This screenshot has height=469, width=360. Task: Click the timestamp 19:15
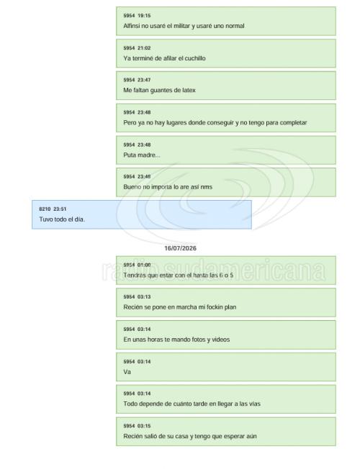[x=144, y=16]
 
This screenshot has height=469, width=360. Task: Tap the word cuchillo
[x=195, y=58]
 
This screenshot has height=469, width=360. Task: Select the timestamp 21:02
[x=144, y=48]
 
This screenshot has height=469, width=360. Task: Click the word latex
[x=189, y=90]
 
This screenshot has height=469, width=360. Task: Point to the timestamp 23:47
[x=144, y=80]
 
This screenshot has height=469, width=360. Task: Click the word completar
[x=293, y=122]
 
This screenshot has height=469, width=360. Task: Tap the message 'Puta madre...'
[x=142, y=155]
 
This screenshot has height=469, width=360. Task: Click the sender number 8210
[x=45, y=209]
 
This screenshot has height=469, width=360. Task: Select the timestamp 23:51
[x=60, y=209]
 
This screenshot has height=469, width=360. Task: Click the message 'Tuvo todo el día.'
[x=62, y=219]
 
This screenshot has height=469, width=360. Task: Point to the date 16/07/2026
[x=180, y=248]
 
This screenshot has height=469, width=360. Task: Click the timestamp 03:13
[x=144, y=296]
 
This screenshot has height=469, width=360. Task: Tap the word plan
[x=230, y=307]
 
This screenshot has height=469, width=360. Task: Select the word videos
[x=221, y=340]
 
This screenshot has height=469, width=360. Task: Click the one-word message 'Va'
[x=127, y=372]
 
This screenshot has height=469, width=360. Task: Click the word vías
[x=255, y=404]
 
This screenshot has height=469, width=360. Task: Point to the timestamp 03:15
[x=144, y=426]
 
